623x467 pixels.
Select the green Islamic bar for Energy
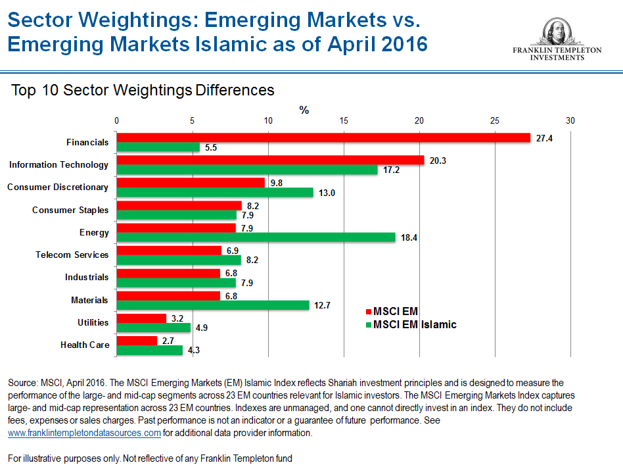coord(256,237)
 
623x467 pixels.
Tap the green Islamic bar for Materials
coord(213,305)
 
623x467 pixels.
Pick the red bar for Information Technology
coord(270,160)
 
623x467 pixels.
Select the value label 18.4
coord(409,237)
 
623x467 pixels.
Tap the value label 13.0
coord(327,192)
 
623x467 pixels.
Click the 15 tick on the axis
coord(343,121)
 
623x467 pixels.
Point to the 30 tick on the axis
coord(570,121)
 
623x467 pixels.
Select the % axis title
coord(304,110)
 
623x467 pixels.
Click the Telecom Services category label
coord(72,255)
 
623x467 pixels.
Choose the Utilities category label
coord(93,322)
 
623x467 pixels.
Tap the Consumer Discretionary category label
coord(58,187)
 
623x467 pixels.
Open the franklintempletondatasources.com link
coord(84,433)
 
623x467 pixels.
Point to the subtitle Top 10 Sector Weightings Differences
coord(143,90)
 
